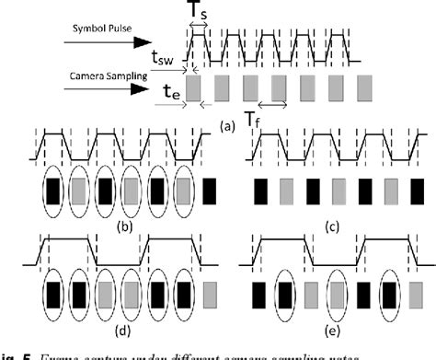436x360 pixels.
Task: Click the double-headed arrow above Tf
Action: (273, 103)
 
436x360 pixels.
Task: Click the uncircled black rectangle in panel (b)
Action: (211, 192)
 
